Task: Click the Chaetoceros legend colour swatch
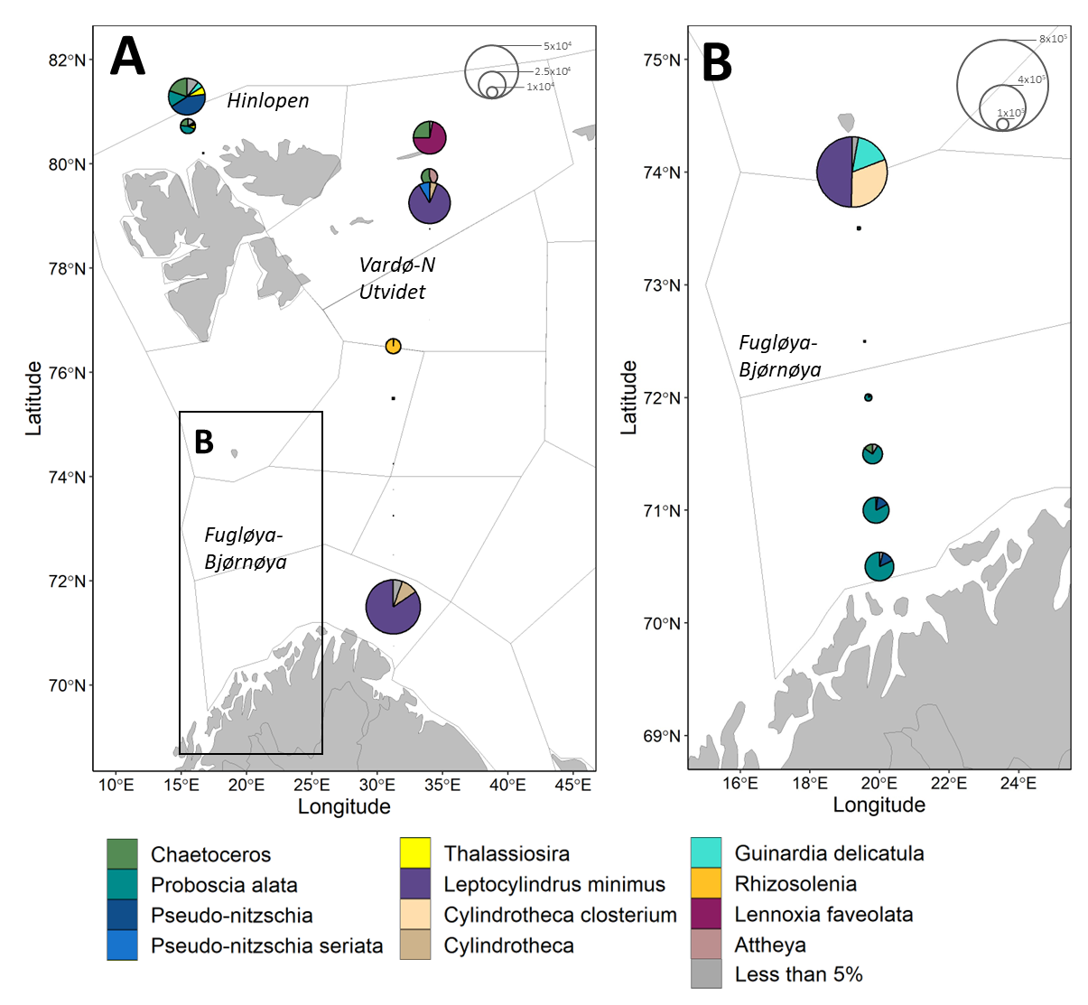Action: click(122, 853)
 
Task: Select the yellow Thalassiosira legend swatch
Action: click(415, 852)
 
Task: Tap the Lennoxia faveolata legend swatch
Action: click(706, 914)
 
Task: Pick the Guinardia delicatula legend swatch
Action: click(706, 852)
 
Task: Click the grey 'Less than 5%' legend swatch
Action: click(706, 974)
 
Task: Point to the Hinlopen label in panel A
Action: click(268, 100)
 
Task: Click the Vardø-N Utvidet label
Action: click(396, 278)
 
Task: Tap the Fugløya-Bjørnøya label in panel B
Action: click(780, 356)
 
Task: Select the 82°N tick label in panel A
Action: click(68, 60)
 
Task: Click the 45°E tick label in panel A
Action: click(572, 785)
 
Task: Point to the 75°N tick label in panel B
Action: click(662, 60)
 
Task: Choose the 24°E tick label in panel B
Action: click(1018, 783)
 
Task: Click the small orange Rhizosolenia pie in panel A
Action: click(393, 346)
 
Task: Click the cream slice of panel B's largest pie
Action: click(869, 186)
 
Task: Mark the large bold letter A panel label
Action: click(127, 57)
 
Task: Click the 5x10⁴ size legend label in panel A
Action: click(557, 46)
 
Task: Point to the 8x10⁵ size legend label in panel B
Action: click(1053, 39)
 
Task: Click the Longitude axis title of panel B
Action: click(879, 805)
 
